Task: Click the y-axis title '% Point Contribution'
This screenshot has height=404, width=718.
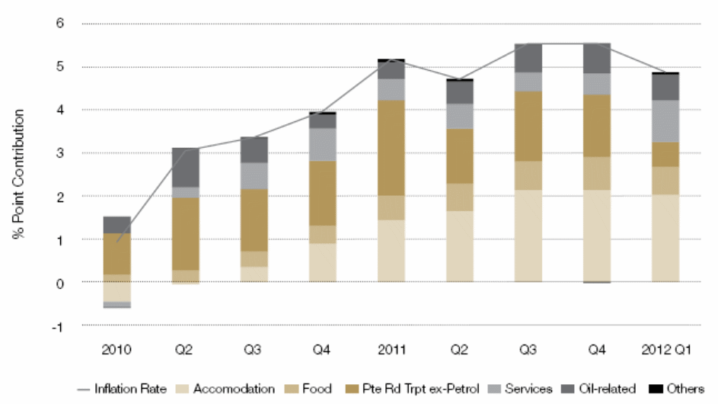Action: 18,175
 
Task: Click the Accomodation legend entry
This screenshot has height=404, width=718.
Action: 233,390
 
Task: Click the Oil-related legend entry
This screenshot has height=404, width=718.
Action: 607,390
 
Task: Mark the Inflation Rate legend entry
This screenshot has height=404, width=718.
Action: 130,390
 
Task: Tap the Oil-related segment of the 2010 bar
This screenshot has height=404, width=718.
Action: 116,225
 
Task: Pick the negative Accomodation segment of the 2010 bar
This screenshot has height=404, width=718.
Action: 116,292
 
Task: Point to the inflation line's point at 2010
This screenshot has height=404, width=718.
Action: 116,242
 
